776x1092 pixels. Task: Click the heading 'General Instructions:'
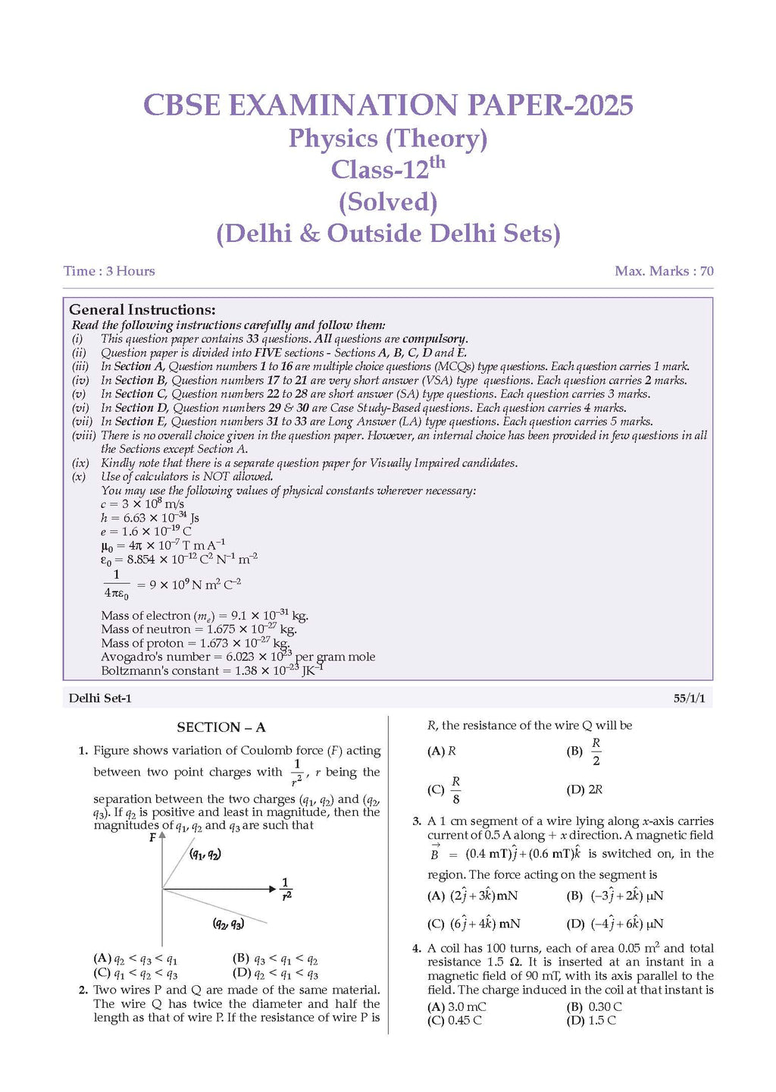pyautogui.click(x=142, y=309)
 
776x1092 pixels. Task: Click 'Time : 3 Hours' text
pyautogui.click(x=109, y=271)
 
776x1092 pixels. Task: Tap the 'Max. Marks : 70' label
pyautogui.click(x=664, y=271)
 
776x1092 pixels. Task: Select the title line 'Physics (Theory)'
pyautogui.click(x=387, y=139)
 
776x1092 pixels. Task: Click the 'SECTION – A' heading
pyautogui.click(x=221, y=727)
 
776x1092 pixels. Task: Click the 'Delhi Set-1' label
pyautogui.click(x=100, y=698)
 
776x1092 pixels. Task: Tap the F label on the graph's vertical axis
pyautogui.click(x=152, y=837)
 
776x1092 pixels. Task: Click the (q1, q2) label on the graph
pyautogui.click(x=205, y=855)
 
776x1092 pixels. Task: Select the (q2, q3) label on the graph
pyautogui.click(x=228, y=924)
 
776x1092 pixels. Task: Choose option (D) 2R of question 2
pyautogui.click(x=585, y=789)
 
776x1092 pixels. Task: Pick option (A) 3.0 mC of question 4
pyautogui.click(x=457, y=1007)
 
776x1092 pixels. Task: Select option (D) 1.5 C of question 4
pyautogui.click(x=592, y=1021)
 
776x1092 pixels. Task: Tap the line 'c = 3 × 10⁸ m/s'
pyautogui.click(x=142, y=504)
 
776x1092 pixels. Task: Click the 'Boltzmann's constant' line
pyautogui.click(x=212, y=671)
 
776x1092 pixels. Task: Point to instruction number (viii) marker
pyautogui.click(x=83, y=435)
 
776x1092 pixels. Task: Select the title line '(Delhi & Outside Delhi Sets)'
pyautogui.click(x=388, y=234)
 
